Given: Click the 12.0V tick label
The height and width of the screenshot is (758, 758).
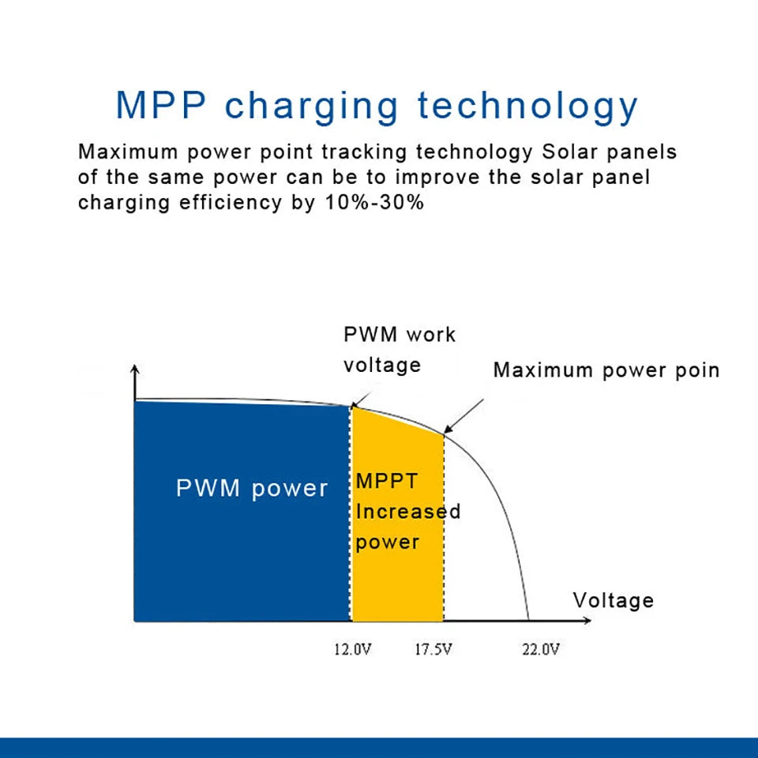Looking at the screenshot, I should click(352, 649).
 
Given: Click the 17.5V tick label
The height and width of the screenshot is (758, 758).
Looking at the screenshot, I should click(433, 649).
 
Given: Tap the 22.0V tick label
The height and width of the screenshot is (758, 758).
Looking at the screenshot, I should click(540, 649).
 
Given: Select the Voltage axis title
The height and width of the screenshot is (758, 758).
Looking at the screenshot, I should click(614, 600).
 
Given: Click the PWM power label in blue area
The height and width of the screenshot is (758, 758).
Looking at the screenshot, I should click(251, 488).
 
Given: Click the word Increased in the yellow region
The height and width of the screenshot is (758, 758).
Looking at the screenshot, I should click(407, 511).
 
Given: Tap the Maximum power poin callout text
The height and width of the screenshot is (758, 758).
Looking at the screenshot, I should click(606, 370).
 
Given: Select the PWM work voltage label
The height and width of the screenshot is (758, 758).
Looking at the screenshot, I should click(399, 349).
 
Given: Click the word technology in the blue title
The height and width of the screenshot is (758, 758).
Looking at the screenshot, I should click(527, 106).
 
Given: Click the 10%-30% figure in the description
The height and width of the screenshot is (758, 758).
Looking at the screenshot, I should click(375, 202).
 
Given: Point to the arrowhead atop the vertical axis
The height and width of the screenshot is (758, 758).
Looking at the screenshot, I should click(136, 369).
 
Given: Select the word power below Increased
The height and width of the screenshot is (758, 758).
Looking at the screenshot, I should click(387, 542).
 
